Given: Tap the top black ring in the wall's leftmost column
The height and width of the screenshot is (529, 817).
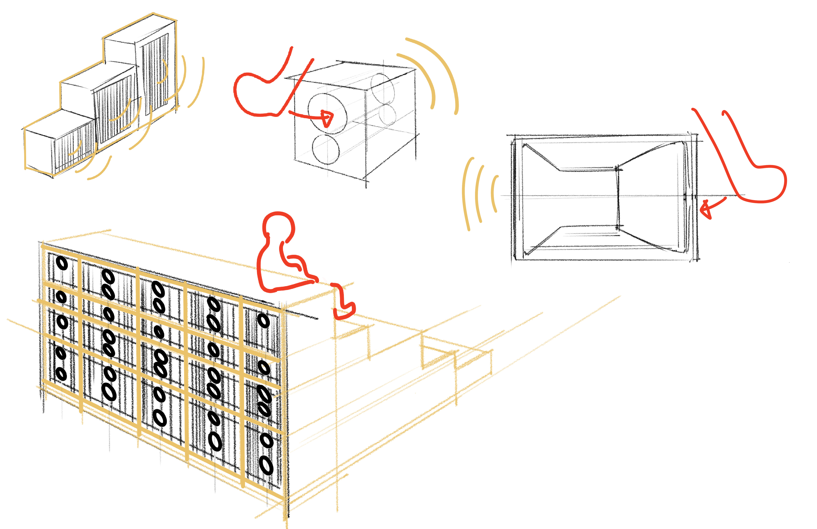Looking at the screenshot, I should point(62,264).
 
